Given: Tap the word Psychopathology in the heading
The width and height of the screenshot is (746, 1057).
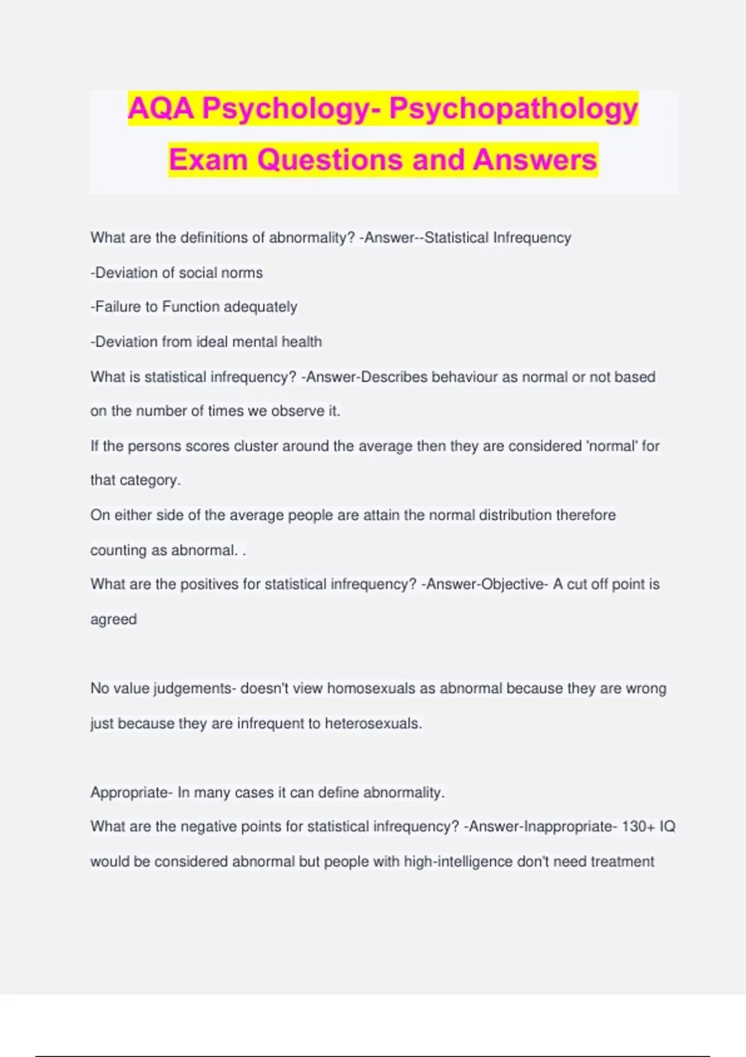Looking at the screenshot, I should click(x=513, y=109).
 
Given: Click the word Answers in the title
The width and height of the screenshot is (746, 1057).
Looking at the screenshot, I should click(x=535, y=160).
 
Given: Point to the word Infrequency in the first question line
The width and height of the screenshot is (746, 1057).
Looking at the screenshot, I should click(x=532, y=238).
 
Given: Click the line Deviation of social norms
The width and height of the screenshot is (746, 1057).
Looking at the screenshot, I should click(x=177, y=273).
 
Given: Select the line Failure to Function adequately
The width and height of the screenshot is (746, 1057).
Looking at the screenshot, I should click(x=194, y=307).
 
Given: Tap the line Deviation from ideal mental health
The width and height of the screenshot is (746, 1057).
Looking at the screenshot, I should click(x=206, y=342).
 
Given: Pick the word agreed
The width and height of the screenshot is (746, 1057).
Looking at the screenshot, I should click(x=113, y=620).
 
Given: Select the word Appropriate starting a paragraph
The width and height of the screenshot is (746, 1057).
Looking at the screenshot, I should click(x=129, y=793).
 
